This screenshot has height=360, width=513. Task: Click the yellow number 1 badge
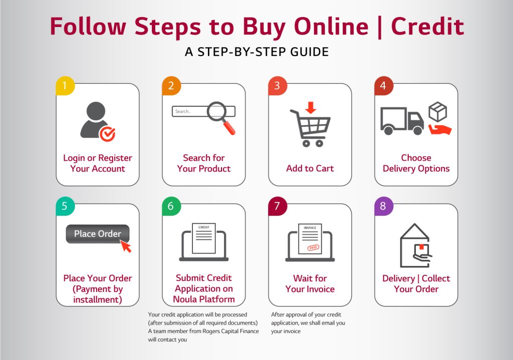click(x=65, y=86)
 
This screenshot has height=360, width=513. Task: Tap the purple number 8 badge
click(x=383, y=206)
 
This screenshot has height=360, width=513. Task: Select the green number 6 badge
click(x=171, y=206)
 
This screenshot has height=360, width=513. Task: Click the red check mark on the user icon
click(x=108, y=134)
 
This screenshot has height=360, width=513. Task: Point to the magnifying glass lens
click(x=216, y=112)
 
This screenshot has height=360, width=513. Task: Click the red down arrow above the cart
click(x=311, y=108)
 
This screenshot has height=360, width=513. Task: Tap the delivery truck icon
click(x=402, y=121)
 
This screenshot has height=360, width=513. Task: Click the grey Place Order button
click(x=98, y=234)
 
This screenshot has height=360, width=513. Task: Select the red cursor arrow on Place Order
click(x=126, y=246)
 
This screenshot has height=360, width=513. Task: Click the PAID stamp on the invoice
click(x=313, y=247)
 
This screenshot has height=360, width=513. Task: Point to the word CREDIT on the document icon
click(x=204, y=227)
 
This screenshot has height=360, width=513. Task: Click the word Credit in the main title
click(x=427, y=26)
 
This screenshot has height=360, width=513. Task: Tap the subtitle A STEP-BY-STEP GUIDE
click(x=257, y=52)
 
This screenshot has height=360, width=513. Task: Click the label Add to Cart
click(x=310, y=168)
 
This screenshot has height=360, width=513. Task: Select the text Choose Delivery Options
click(x=416, y=163)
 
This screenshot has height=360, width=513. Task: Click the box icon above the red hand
click(x=438, y=112)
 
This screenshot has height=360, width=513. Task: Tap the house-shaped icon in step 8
click(x=415, y=245)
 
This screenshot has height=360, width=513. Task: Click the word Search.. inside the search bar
click(x=183, y=112)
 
